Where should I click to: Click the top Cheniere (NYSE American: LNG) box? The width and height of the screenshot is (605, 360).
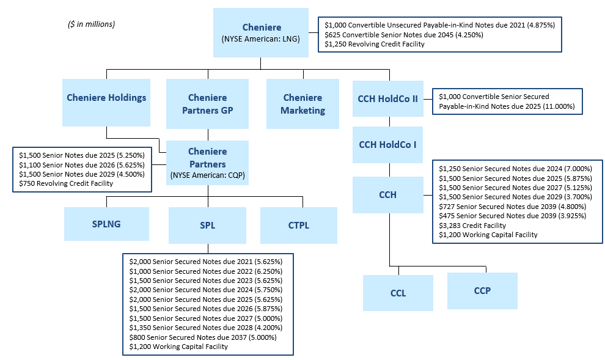point(261,32)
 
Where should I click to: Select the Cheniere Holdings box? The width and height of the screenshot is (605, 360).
point(106,98)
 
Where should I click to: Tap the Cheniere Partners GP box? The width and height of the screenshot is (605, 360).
point(207,103)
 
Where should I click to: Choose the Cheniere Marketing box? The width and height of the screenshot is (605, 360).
point(302,103)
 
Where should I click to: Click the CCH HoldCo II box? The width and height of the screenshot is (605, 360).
point(387,98)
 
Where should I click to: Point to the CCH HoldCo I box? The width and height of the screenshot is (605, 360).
point(387,145)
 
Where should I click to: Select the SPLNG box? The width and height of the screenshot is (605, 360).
point(106,224)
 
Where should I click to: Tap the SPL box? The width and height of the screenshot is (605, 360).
point(207,225)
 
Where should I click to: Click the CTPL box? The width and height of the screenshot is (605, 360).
point(298,225)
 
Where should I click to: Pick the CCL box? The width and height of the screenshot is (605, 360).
point(398,293)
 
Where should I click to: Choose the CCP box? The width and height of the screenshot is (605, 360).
point(482,290)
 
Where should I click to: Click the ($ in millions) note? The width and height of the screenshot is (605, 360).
point(91,24)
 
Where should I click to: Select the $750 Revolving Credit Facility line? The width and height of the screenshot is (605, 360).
point(65,183)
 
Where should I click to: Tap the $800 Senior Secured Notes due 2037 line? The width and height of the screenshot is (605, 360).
point(203,337)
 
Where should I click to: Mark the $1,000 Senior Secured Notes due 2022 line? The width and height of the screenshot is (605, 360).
point(206,271)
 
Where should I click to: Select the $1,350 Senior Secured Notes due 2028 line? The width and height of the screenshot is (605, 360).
point(206,328)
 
